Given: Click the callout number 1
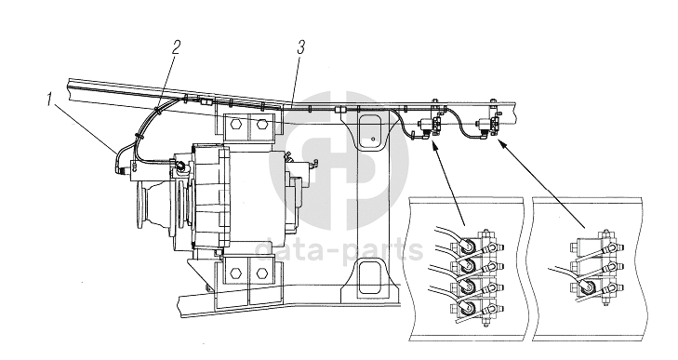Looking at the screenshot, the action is pos(49,100).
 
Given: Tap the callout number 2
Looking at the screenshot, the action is pos(176,47).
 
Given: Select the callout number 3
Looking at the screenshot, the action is pos(301,47).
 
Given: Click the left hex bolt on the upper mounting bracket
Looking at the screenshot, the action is pos(235,125).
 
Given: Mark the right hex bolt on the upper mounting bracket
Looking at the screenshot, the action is pos(260,125).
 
